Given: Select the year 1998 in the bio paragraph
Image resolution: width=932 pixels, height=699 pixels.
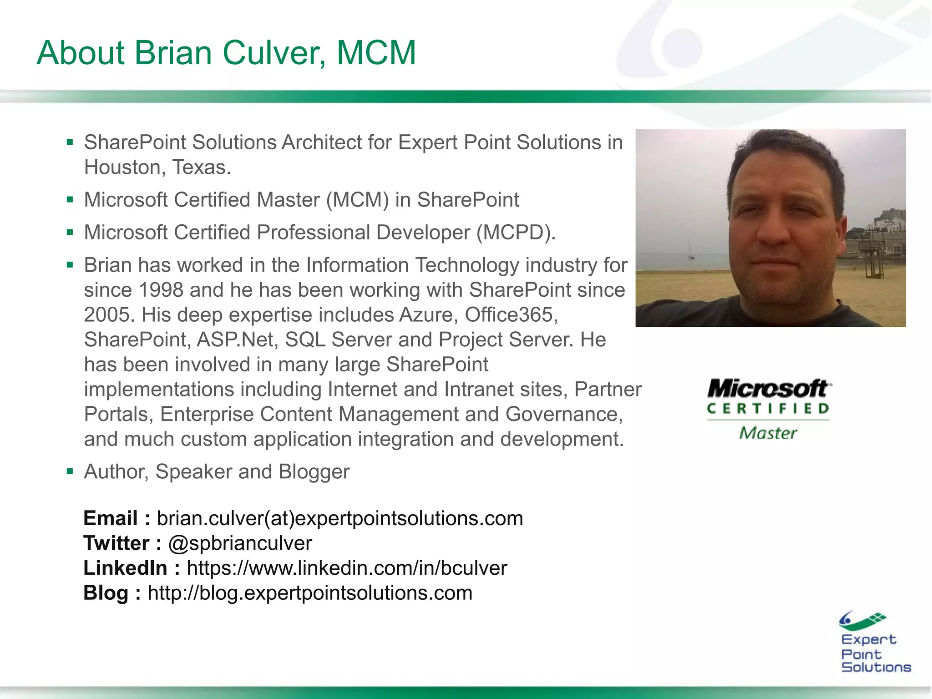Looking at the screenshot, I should pyautogui.click(x=161, y=290).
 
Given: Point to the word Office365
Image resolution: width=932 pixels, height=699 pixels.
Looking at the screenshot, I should pyautogui.click(x=511, y=315).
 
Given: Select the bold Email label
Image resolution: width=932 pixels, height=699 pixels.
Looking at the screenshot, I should pyautogui.click(x=111, y=518).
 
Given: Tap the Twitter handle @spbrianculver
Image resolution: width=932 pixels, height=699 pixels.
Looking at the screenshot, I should pyautogui.click(x=240, y=543).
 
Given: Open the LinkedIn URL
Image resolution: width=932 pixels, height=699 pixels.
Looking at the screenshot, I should pyautogui.click(x=347, y=568).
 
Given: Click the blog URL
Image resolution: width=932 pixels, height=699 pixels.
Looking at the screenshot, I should pyautogui.click(x=310, y=593).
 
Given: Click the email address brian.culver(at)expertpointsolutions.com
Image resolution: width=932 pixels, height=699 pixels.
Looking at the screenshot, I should pyautogui.click(x=340, y=518).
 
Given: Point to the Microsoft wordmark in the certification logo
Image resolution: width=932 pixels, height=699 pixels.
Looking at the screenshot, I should pyautogui.click(x=768, y=389).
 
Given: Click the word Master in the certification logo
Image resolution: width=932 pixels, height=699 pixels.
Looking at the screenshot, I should pyautogui.click(x=768, y=433).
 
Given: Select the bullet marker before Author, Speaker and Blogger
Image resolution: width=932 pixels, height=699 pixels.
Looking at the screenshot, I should pyautogui.click(x=70, y=471).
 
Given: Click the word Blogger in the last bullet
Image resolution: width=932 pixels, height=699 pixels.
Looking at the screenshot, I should pyautogui.click(x=314, y=472).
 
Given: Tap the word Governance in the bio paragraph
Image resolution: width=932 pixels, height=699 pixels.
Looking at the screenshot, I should pyautogui.click(x=563, y=415).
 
